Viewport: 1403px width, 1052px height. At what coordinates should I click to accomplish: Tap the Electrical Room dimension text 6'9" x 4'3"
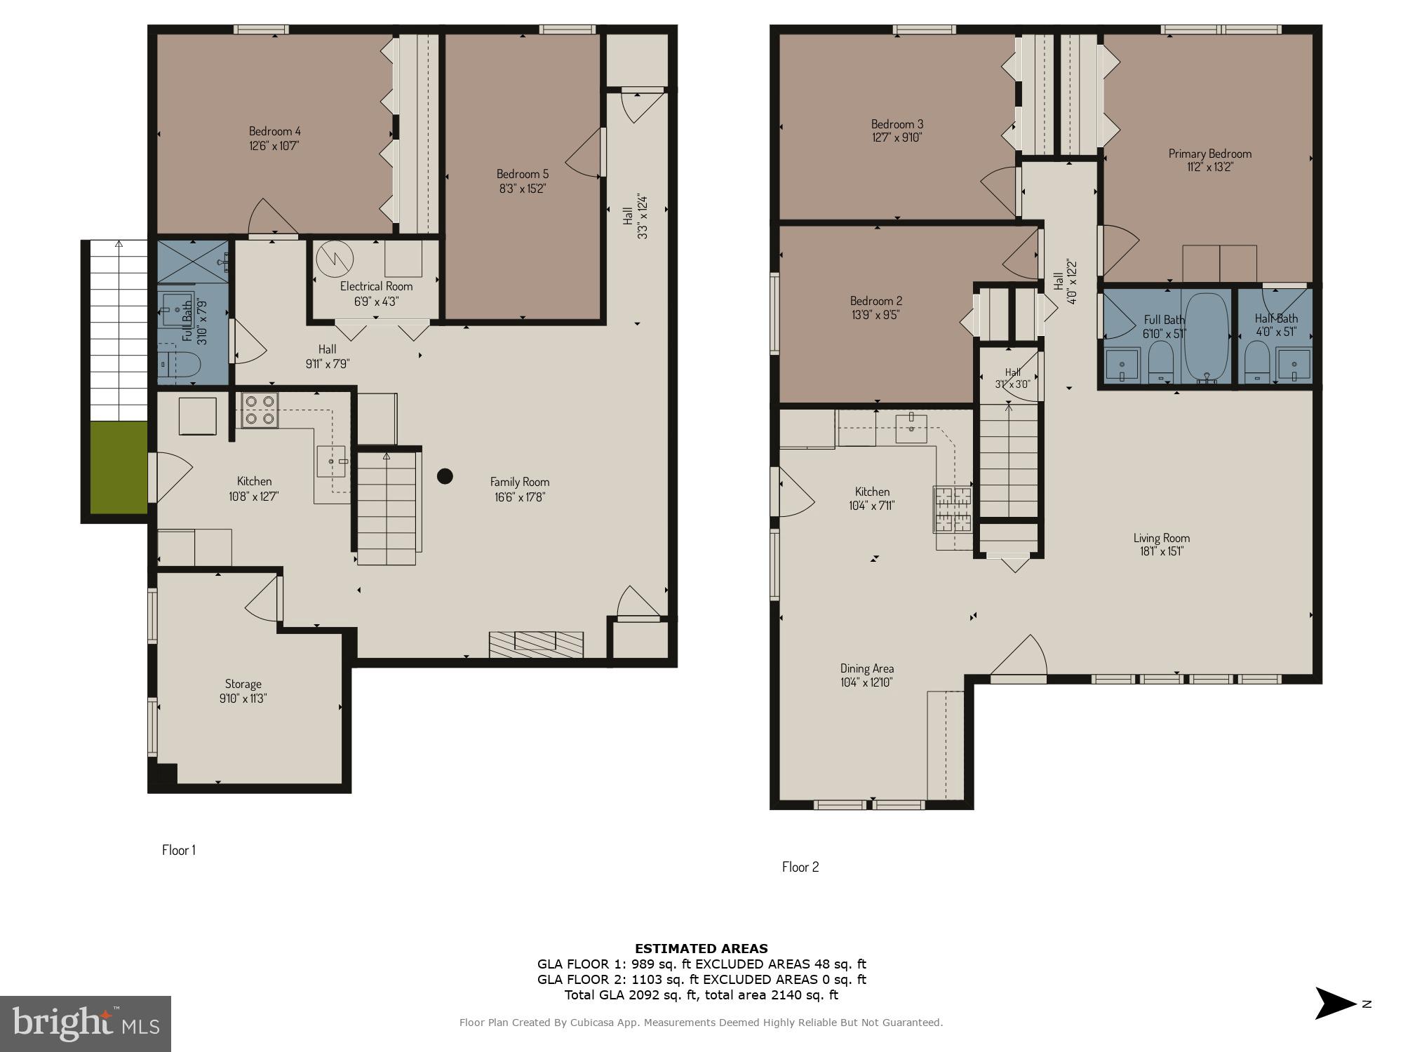click(376, 302)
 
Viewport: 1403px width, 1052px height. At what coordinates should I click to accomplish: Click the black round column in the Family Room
click(445, 476)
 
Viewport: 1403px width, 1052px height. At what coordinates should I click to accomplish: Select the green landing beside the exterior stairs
click(119, 467)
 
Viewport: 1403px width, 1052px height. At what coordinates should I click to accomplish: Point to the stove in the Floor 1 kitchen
click(260, 410)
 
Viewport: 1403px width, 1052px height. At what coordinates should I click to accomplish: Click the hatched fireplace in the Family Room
click(536, 644)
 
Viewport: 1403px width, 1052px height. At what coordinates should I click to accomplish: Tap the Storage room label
click(243, 684)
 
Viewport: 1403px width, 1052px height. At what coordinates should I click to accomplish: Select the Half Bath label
click(1276, 318)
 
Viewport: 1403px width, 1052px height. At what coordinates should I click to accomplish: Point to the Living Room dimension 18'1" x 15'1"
click(1161, 551)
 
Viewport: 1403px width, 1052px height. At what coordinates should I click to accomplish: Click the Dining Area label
click(867, 668)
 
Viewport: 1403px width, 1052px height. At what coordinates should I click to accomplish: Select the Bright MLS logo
click(85, 1023)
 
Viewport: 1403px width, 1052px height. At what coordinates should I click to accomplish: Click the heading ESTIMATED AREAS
click(701, 948)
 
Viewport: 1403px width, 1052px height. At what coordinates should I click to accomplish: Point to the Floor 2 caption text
click(800, 867)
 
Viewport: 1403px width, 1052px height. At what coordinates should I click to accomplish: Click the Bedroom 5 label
click(522, 174)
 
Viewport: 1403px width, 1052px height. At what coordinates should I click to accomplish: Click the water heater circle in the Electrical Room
click(335, 259)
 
